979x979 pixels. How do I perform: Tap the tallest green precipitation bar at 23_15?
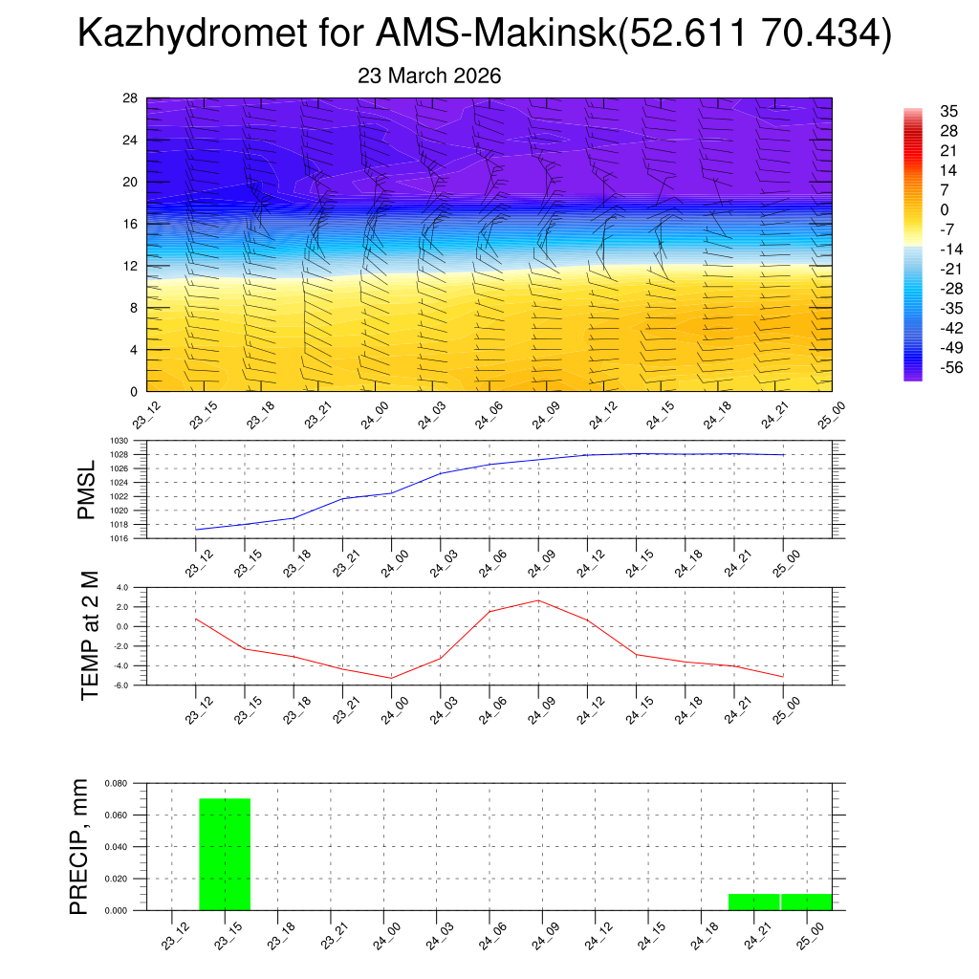point(225,854)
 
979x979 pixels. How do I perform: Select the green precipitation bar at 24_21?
point(754,902)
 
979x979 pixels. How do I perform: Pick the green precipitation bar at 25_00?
point(806,902)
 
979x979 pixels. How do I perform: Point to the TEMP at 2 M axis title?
point(90,635)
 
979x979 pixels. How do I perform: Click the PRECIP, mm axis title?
point(80,846)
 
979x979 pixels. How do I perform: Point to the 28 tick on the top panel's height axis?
point(131,98)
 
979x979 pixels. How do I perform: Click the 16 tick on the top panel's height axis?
point(131,224)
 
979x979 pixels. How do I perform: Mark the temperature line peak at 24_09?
point(538,600)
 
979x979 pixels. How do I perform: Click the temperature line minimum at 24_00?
point(391,678)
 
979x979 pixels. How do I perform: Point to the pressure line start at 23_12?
point(196,530)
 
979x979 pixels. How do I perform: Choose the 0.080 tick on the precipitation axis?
point(116,784)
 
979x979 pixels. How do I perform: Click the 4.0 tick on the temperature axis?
point(122,588)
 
